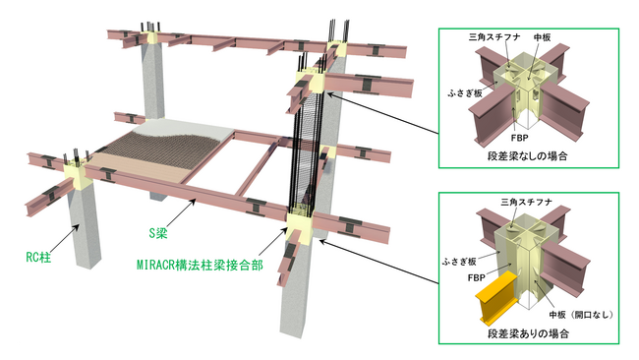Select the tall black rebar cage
(306, 148)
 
